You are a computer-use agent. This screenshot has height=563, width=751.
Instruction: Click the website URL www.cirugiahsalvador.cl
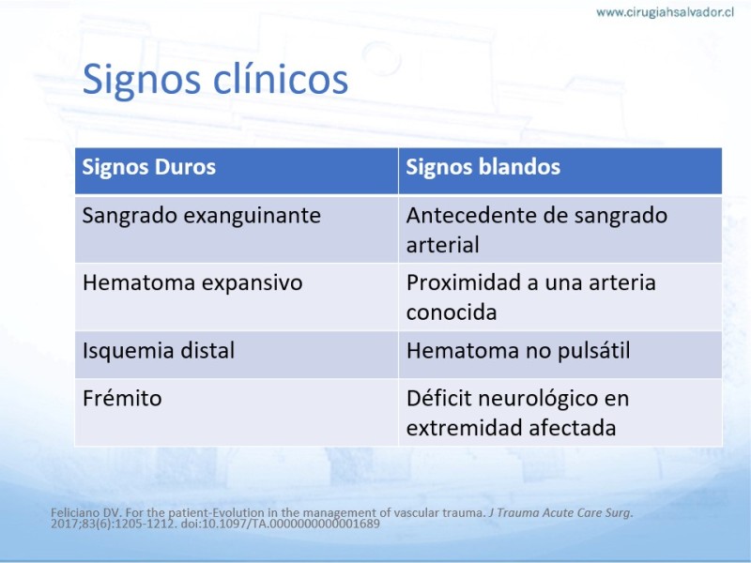[x=665, y=12]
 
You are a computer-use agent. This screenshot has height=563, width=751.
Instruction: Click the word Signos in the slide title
[x=142, y=80]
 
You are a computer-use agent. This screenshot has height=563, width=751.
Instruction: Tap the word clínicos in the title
[x=280, y=78]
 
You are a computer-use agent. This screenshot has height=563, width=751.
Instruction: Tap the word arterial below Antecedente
[x=442, y=245]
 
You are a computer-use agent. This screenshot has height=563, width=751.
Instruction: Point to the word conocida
[x=452, y=312]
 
